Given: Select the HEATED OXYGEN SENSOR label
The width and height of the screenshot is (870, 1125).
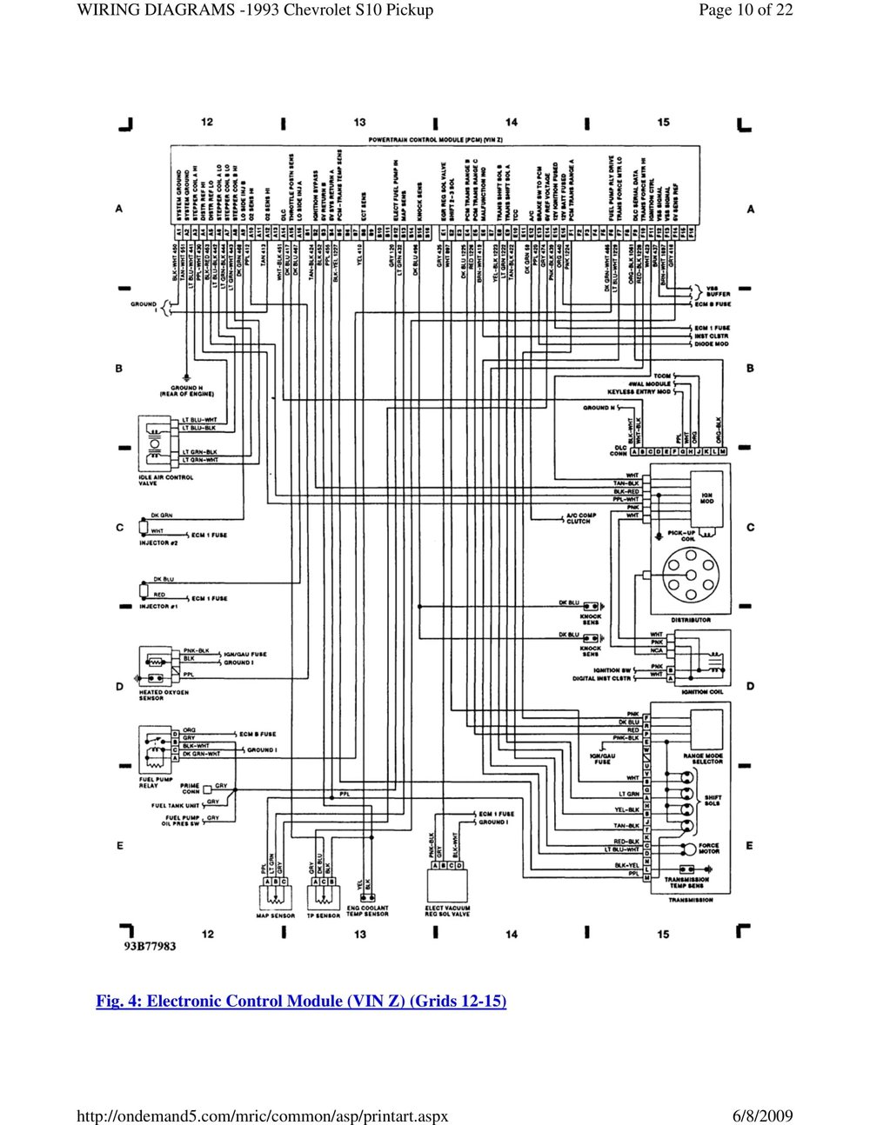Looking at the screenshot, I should coord(164,696).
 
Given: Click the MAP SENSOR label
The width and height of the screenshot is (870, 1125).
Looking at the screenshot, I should coord(275,915).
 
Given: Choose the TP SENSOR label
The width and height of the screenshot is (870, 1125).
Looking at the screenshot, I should coord(323,915).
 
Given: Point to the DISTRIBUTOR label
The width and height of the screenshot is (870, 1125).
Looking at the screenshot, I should coord(692,620).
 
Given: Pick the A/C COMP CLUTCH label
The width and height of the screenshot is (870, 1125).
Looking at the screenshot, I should coord(579,519).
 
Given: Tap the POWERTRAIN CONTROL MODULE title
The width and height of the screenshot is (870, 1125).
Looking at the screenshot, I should coord(437,139).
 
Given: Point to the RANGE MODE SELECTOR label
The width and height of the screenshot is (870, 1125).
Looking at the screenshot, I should coord(703,760).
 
